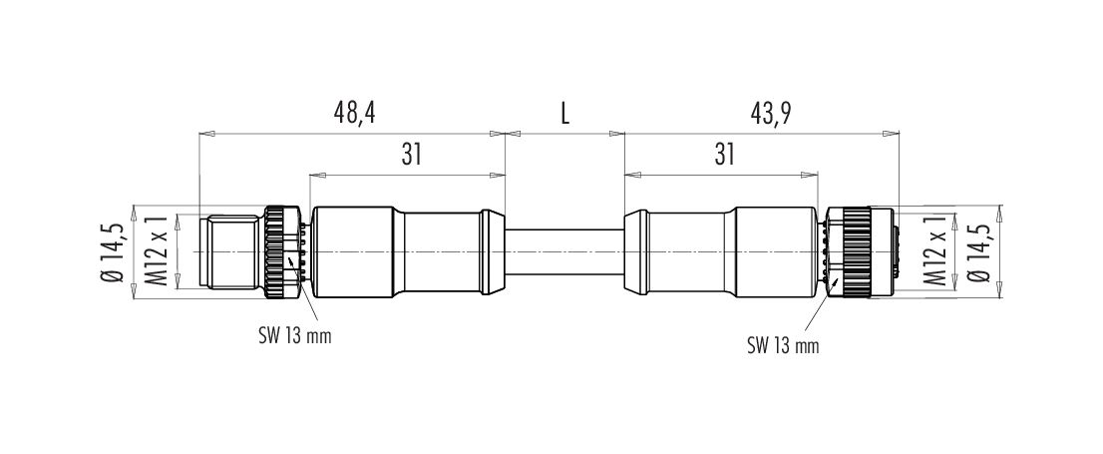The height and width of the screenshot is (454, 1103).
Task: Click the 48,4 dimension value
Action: click(355, 114)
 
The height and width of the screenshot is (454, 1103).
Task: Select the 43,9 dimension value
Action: click(771, 114)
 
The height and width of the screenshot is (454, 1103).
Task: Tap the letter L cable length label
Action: click(564, 114)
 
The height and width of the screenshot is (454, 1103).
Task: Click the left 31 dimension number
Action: click(411, 155)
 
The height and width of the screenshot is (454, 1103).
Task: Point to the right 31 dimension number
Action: click(725, 155)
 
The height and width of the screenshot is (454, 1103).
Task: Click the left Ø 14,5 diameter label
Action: click(114, 252)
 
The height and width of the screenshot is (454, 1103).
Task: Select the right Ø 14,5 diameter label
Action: click(980, 252)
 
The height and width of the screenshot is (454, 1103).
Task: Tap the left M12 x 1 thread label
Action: click(159, 251)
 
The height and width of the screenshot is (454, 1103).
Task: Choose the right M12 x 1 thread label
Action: click(935, 251)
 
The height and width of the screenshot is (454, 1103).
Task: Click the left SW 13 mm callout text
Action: click(293, 336)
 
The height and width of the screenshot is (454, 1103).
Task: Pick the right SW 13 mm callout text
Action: click(783, 345)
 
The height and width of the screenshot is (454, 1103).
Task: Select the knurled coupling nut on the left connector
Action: click(282, 252)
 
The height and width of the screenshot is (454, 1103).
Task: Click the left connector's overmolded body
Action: click(407, 252)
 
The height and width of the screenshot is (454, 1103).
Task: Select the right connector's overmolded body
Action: click(721, 252)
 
